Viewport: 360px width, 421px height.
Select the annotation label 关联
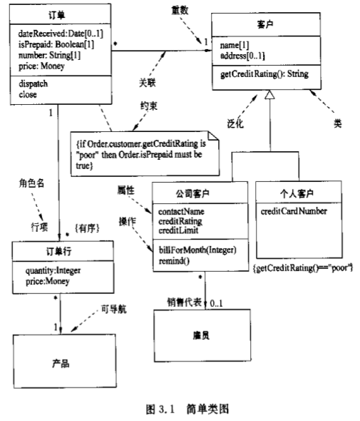pyautogui.click(x=148, y=82)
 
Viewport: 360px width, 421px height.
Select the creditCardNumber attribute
pyautogui.click(x=293, y=211)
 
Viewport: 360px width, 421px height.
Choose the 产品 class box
pyautogui.click(x=61, y=364)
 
